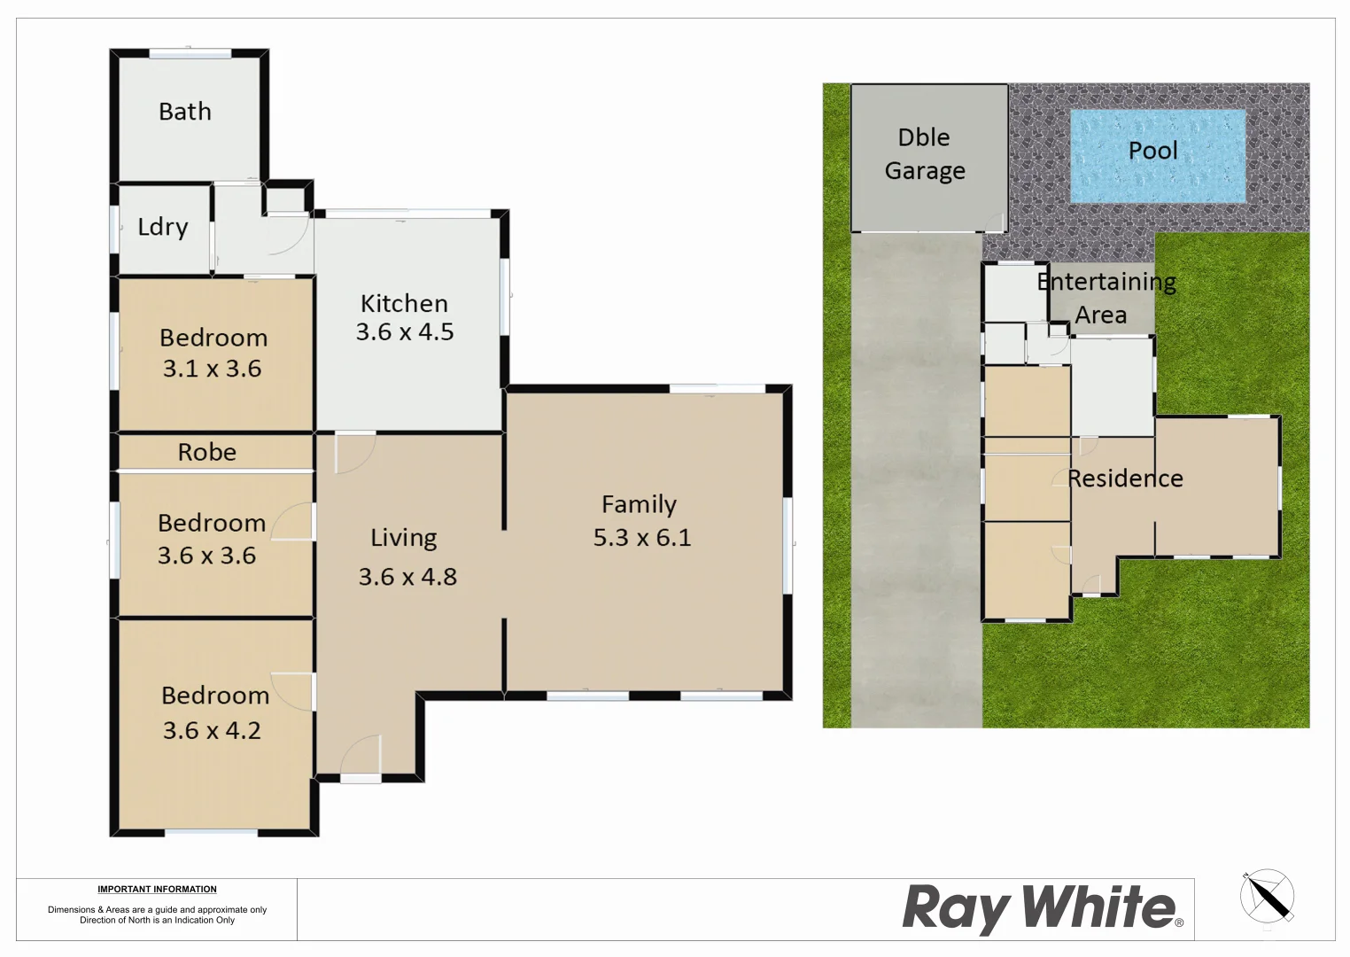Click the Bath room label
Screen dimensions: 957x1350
coord(185,112)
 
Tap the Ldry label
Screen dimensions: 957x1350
coord(163,227)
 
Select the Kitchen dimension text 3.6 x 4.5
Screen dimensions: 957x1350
coord(405,332)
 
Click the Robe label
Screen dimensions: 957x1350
coord(207,452)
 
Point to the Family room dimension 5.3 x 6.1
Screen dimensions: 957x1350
coord(642,538)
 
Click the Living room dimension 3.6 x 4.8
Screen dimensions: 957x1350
coord(407,577)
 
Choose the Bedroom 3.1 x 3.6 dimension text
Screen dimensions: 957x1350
coord(213,369)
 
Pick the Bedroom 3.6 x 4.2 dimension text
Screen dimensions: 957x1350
coord(213,731)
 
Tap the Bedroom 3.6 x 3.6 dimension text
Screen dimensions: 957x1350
coord(207,556)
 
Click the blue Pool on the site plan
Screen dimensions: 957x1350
coord(1157,155)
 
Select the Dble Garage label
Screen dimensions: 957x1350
coord(925,154)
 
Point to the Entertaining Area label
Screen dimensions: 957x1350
coord(1106,298)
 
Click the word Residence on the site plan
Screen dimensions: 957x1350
coord(1125,478)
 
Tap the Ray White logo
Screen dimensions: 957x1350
coord(1042,908)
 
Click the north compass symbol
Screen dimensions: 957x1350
coord(1267,897)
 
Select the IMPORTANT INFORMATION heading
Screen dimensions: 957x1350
coord(157,890)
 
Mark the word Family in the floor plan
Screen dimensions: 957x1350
coord(639,504)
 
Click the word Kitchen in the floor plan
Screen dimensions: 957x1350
coord(404,304)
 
